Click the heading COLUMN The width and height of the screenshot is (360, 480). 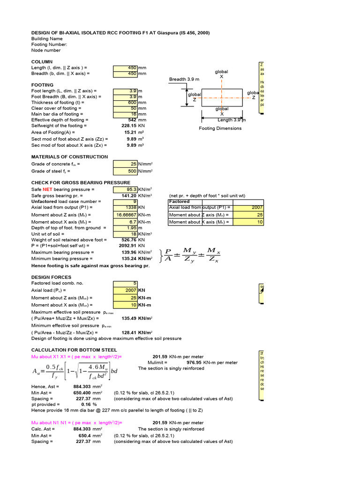click(42, 62)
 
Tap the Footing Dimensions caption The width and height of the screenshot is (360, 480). click(220, 128)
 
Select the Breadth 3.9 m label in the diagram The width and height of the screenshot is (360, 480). click(184, 79)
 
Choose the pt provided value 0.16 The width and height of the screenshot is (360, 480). click(86, 404)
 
